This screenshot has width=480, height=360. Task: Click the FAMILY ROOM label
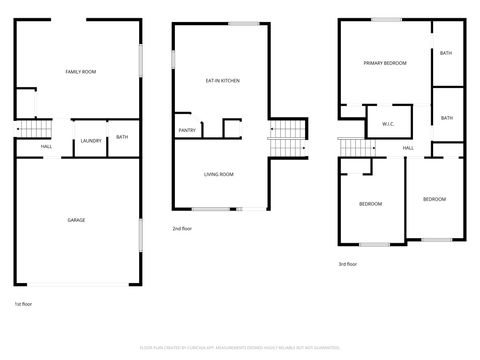tap(79, 72)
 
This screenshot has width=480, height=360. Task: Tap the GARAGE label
tap(76, 219)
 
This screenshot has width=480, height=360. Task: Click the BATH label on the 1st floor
tap(122, 137)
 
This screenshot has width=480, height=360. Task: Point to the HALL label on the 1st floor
tap(46, 147)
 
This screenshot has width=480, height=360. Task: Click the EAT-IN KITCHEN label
tap(222, 80)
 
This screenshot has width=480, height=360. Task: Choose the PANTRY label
tap(187, 130)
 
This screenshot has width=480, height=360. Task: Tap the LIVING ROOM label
tap(218, 174)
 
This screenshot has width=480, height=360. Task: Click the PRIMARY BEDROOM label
tap(384, 63)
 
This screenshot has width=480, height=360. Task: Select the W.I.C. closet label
tap(388, 124)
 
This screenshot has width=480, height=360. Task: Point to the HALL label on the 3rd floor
tap(408, 148)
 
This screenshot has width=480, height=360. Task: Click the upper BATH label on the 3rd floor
tap(446, 53)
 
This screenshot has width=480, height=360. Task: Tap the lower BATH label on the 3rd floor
tap(446, 118)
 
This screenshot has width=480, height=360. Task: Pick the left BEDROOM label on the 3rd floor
tap(371, 204)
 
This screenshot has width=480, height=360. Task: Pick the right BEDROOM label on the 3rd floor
tap(434, 199)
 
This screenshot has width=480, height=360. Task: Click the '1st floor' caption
tap(24, 303)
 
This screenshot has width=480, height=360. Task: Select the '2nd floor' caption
tap(183, 229)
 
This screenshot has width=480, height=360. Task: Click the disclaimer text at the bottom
tap(239, 345)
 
